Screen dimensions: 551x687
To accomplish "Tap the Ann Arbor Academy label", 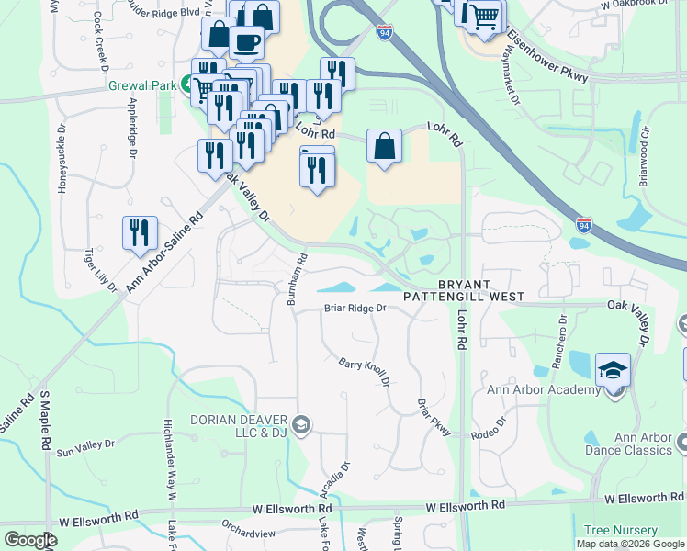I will pyautogui.click(x=546, y=389).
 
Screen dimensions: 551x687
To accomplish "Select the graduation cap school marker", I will pyautogui.click(x=613, y=370).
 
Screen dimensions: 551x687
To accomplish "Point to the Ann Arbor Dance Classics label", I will pyautogui.click(x=643, y=444).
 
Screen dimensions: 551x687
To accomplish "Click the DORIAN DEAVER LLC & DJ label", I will pyautogui.click(x=239, y=426).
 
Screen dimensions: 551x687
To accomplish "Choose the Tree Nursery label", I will pyautogui.click(x=622, y=531).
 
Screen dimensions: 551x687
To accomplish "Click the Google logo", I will pyautogui.click(x=29, y=539).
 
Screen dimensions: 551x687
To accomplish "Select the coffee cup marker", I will pyautogui.click(x=245, y=41).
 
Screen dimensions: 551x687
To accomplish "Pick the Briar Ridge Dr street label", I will pyautogui.click(x=354, y=309).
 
